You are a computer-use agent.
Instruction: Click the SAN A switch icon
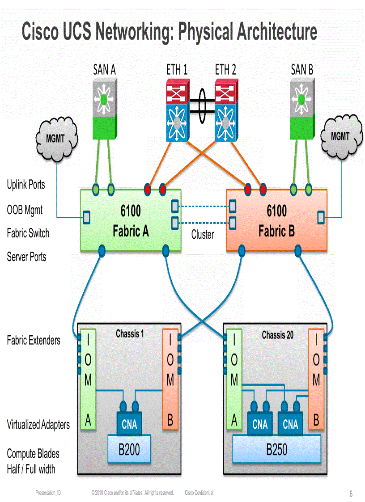105,109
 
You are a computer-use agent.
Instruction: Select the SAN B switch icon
301,109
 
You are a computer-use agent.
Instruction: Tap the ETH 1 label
177,70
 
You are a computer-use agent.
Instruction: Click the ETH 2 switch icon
226,110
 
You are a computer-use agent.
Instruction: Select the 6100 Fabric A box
131,220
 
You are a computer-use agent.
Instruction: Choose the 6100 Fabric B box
276,220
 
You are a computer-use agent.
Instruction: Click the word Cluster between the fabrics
203,235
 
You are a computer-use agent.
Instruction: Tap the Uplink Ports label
26,185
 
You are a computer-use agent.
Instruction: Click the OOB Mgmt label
25,210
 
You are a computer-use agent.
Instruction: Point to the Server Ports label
26,257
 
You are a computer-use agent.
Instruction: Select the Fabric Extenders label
34,341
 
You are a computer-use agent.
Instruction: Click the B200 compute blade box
129,450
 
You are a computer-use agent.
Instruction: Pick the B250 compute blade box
277,450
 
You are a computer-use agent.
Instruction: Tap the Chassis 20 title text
278,334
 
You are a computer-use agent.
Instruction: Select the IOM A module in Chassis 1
88,380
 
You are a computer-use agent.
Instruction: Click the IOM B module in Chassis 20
316,380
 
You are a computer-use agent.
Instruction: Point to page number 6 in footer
351,494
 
